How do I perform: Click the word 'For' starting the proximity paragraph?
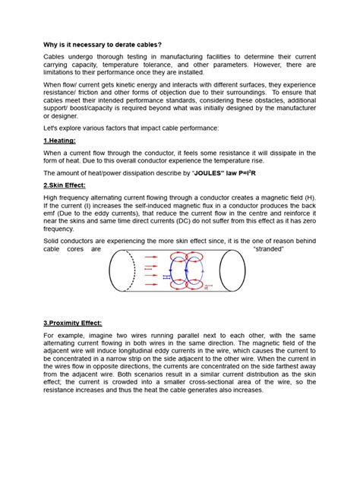(50, 334)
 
